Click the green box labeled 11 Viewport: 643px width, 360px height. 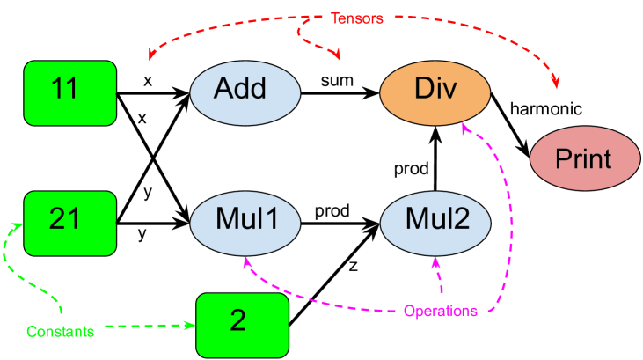click(x=69, y=92)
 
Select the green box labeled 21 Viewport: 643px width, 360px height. click(x=69, y=223)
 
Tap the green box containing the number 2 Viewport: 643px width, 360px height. click(x=242, y=325)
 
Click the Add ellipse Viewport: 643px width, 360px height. click(x=245, y=92)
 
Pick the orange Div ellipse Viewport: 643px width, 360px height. click(x=435, y=92)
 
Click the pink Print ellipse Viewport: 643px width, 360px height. click(x=584, y=158)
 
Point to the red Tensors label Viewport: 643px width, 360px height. click(x=356, y=18)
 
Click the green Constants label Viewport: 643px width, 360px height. click(x=60, y=332)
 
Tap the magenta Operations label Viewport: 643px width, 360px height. click(x=441, y=311)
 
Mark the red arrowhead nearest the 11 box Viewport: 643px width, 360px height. click(x=153, y=55)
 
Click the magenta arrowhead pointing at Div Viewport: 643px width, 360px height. click(x=466, y=129)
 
